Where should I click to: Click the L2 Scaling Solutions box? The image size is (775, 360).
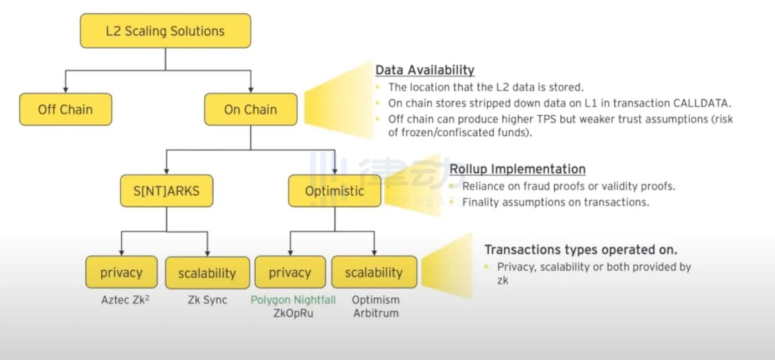click(165, 30)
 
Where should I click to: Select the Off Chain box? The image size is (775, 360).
click(65, 109)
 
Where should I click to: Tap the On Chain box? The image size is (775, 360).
click(250, 109)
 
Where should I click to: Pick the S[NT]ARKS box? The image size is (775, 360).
click(166, 191)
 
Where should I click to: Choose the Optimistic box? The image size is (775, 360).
click(334, 191)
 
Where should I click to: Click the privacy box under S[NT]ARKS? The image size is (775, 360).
click(121, 272)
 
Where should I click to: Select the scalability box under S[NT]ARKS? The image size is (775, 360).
click(207, 273)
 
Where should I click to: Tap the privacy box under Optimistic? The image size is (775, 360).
click(290, 272)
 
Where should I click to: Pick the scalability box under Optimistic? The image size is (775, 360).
click(374, 272)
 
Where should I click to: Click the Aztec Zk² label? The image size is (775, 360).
click(125, 300)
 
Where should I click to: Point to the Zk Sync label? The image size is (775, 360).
click(207, 300)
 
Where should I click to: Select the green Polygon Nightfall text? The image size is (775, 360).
click(293, 300)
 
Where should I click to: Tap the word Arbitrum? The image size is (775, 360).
click(376, 313)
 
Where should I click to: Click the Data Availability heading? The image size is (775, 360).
click(425, 70)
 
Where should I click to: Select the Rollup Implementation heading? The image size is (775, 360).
click(517, 169)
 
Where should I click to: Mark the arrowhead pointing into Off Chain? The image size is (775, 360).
click(65, 89)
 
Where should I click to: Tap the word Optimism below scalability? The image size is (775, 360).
click(376, 300)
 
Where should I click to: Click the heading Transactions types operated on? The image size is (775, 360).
click(581, 249)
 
